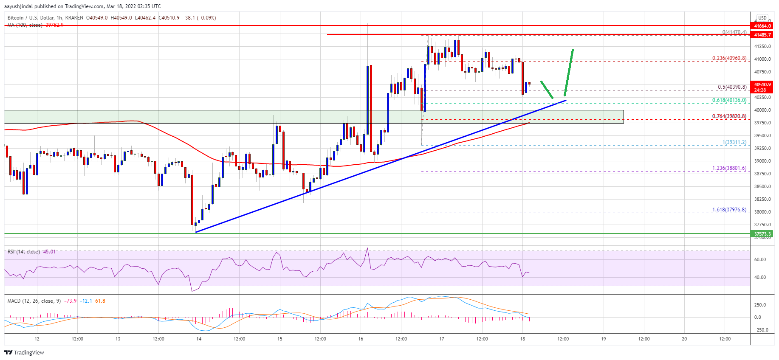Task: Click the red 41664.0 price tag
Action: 762,26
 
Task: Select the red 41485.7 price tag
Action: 762,35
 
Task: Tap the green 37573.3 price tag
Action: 762,234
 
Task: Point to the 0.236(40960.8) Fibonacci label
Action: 729,58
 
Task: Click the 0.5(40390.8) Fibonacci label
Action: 732,87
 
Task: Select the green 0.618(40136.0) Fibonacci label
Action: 729,100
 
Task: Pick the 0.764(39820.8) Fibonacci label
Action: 729,116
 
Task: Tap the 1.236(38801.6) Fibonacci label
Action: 729,168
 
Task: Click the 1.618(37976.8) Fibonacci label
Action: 729,210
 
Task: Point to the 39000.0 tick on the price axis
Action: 762,161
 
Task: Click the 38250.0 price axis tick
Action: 762,199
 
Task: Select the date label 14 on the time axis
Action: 199,339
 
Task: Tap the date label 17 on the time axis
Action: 442,339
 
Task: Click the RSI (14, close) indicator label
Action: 24,252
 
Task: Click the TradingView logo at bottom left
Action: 24,352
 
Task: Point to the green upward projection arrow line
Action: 569,72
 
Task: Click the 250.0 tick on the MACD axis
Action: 760,305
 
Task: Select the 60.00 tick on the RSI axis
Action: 760,259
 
